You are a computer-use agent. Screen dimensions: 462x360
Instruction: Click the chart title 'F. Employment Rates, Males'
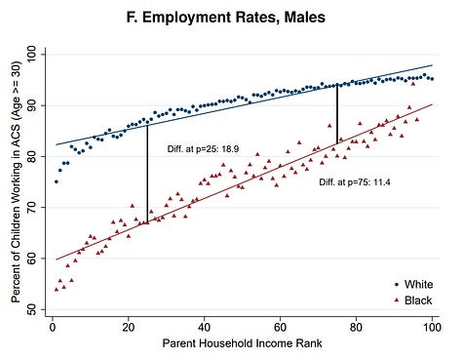(226, 18)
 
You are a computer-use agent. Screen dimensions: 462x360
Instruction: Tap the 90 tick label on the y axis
(33, 105)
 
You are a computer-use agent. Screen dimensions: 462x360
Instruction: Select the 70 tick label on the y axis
(33, 208)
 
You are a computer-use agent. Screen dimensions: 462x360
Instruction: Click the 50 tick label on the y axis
(33, 309)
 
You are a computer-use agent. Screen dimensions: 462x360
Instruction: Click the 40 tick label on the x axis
(205, 327)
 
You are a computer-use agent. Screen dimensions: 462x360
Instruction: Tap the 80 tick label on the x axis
(356, 327)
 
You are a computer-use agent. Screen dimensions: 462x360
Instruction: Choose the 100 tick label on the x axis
(432, 327)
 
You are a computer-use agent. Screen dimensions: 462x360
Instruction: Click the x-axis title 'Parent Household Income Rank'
(243, 343)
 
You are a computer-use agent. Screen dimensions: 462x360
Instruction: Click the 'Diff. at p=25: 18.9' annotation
(203, 149)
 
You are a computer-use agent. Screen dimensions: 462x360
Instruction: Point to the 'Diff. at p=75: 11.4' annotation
(355, 182)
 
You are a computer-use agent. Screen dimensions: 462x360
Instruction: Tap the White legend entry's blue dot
(397, 285)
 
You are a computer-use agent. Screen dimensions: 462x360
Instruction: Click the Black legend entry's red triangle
(397, 300)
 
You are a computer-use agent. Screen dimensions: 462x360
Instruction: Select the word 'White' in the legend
(418, 285)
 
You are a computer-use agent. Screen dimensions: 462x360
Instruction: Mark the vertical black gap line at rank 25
(147, 174)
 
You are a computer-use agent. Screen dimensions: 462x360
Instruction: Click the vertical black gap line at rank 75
(337, 114)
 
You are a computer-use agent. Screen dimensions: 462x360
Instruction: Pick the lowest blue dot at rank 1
(57, 181)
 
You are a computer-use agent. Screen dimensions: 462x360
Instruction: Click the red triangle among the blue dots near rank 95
(413, 84)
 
